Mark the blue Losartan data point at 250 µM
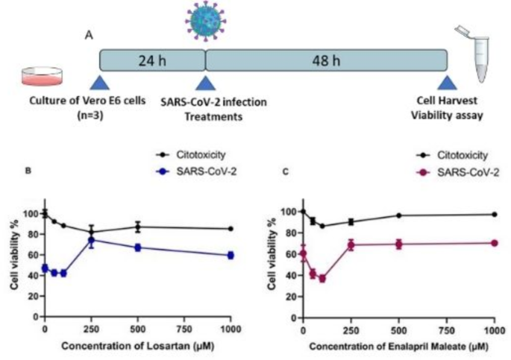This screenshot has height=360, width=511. (x=91, y=240)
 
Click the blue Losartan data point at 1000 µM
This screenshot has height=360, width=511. (x=231, y=255)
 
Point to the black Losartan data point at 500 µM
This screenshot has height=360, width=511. (x=137, y=227)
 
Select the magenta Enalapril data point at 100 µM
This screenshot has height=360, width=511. (x=322, y=278)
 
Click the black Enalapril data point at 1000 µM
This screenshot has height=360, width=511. (x=494, y=215)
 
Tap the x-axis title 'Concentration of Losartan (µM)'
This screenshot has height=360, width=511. (x=139, y=345)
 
